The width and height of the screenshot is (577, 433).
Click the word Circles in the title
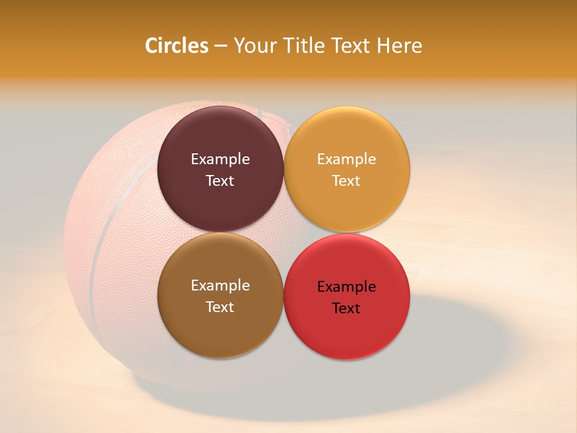pos(176,46)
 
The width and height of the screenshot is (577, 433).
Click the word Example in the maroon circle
pos(220,159)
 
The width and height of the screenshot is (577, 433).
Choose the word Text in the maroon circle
pos(220,181)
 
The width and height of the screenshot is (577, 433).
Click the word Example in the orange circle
pos(346,159)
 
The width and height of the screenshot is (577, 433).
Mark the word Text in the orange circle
pos(346,181)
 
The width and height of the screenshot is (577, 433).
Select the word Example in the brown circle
pos(220,286)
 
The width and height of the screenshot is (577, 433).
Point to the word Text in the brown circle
pos(220,307)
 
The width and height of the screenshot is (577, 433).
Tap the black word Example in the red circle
pos(346,287)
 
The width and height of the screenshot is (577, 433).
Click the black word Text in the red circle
pos(346,309)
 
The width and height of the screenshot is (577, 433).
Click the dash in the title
pos(221,46)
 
